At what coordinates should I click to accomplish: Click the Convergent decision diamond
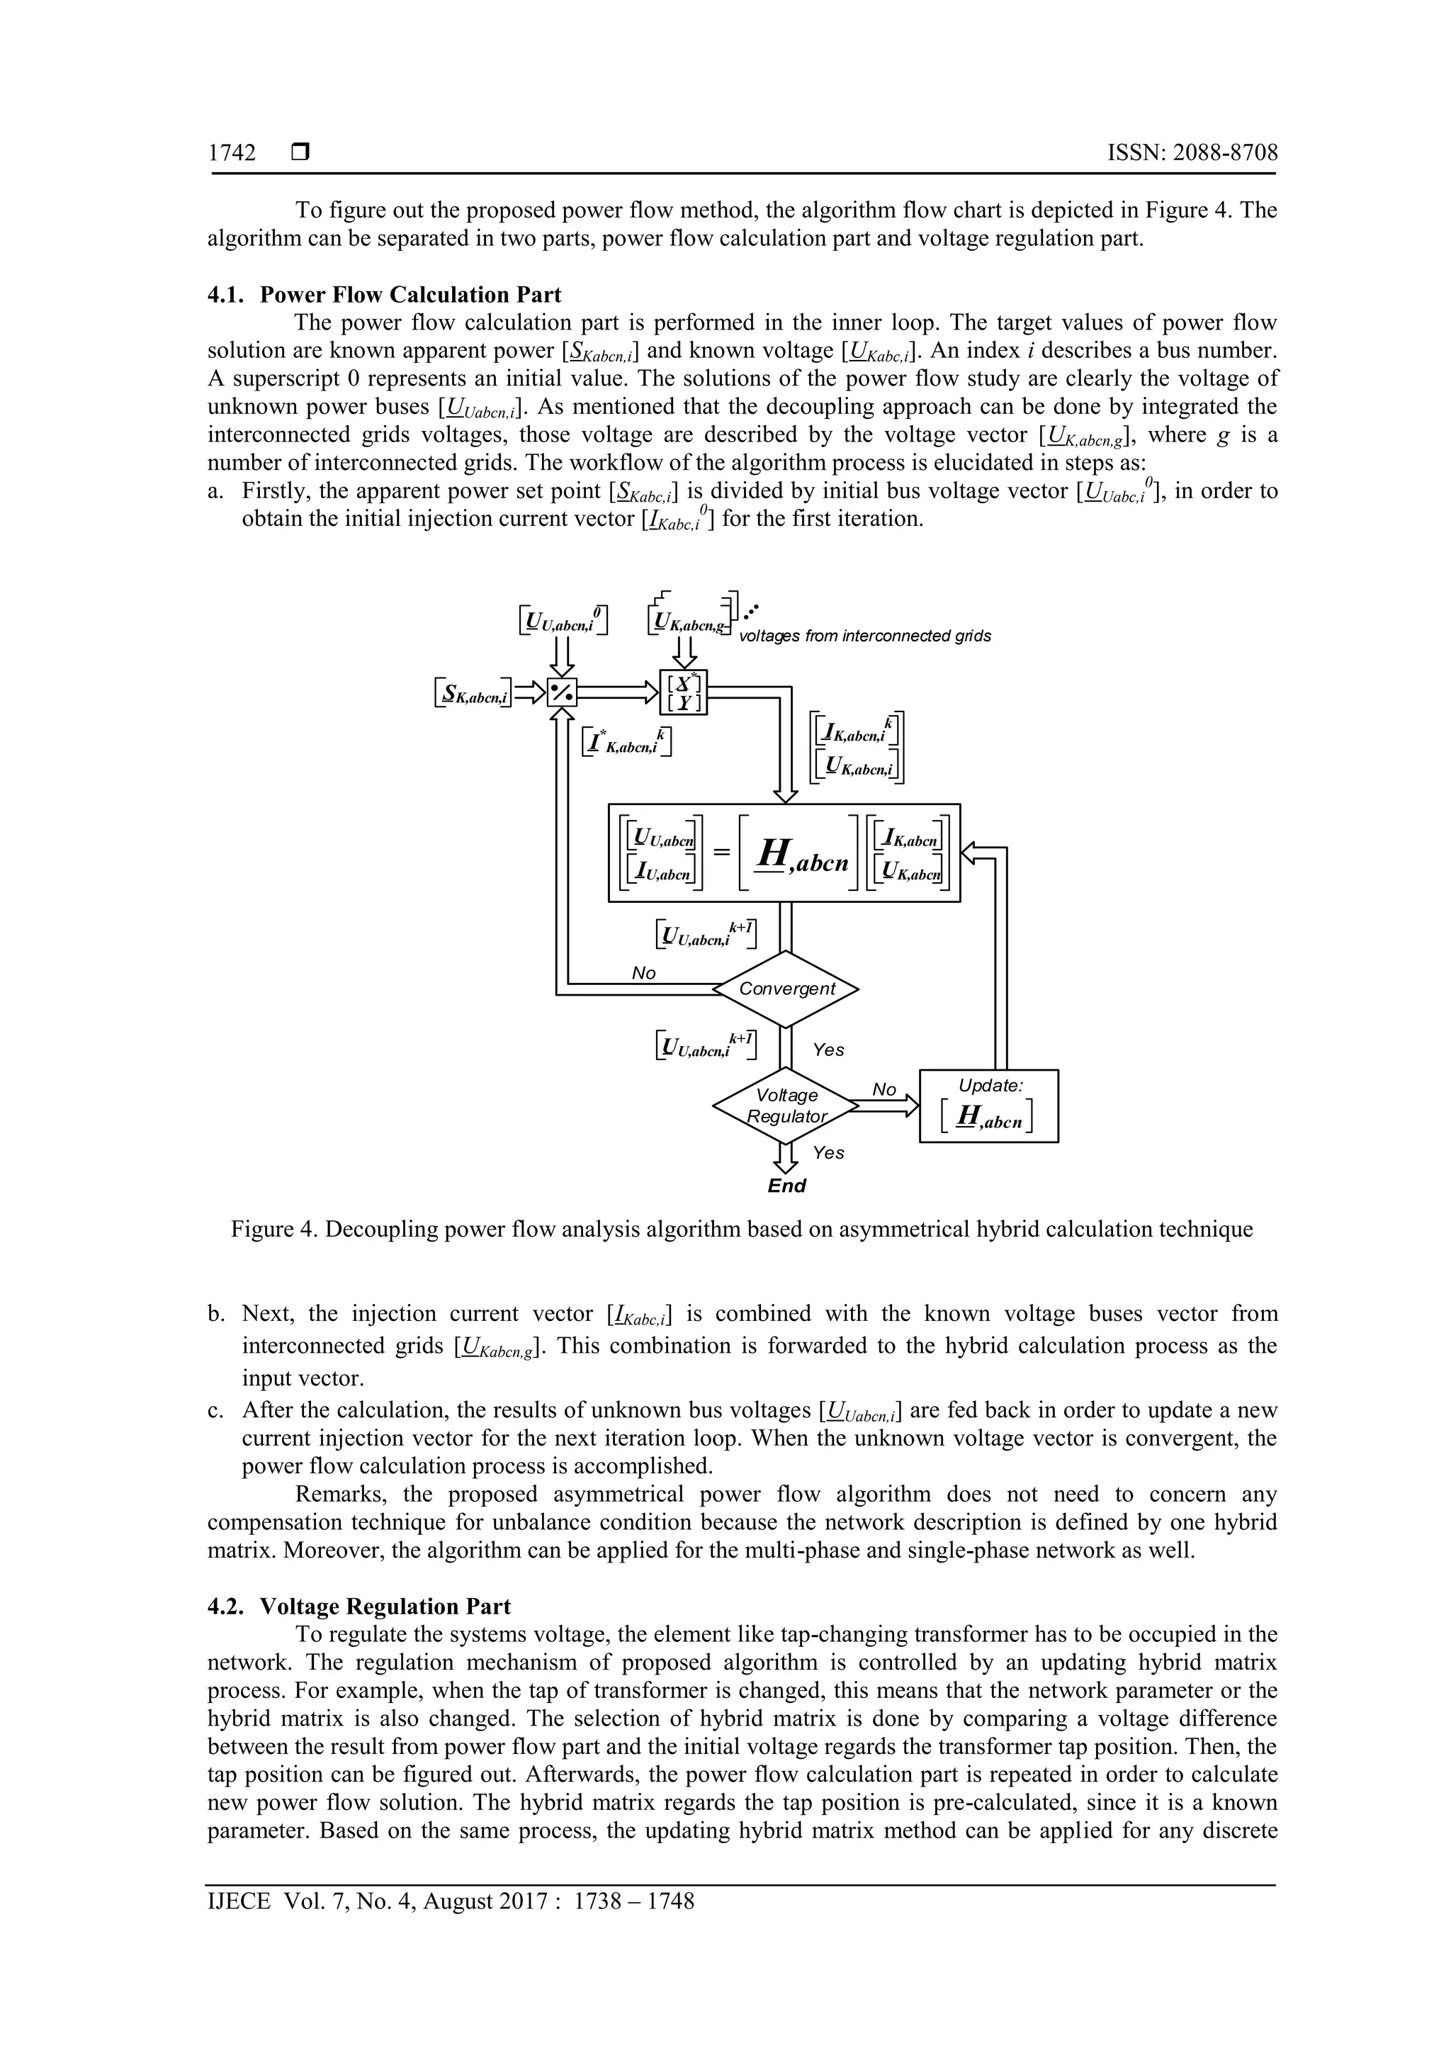click(x=786, y=989)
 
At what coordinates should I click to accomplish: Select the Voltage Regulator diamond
click(x=786, y=1106)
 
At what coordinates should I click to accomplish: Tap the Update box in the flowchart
click(x=989, y=1106)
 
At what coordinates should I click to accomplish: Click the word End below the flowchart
click(x=786, y=1186)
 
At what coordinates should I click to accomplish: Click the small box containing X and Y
click(x=684, y=692)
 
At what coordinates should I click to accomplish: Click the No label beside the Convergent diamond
click(x=644, y=973)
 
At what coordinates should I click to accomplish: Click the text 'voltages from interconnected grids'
click(x=864, y=636)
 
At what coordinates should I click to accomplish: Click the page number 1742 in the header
click(x=232, y=153)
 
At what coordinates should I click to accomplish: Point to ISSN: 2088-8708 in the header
click(x=1192, y=153)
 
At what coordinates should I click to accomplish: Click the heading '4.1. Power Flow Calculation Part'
click(x=385, y=295)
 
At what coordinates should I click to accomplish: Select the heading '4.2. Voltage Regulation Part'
click(x=359, y=1606)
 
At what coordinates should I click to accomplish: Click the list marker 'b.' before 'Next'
click(x=215, y=1315)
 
